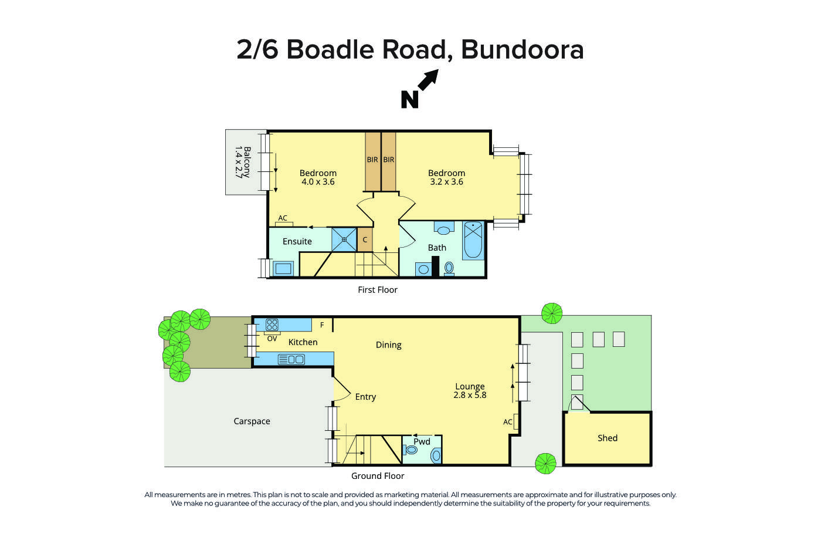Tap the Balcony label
coord(242,162)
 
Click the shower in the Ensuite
coord(344,239)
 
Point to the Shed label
coord(608,438)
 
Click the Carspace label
coord(252,421)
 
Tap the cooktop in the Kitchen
coord(272,325)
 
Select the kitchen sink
coord(291,359)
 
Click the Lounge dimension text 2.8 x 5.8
coord(470,395)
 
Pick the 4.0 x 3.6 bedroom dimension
coord(318,182)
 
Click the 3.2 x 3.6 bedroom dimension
coord(446,182)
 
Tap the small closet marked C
coord(365,240)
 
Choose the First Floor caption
coord(378,290)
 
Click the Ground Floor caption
coord(378,476)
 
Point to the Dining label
coord(388,345)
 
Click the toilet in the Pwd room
coord(436,455)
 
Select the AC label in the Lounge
coord(508,422)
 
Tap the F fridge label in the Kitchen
coord(322,325)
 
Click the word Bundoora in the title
coord(523,49)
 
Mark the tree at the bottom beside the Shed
coord(545,464)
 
